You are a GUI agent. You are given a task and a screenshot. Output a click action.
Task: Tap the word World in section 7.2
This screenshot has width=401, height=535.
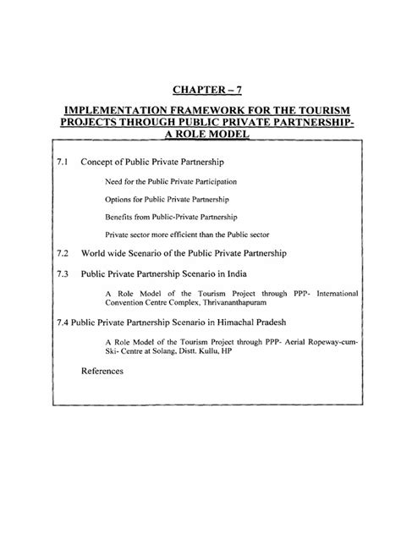pos(94,252)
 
